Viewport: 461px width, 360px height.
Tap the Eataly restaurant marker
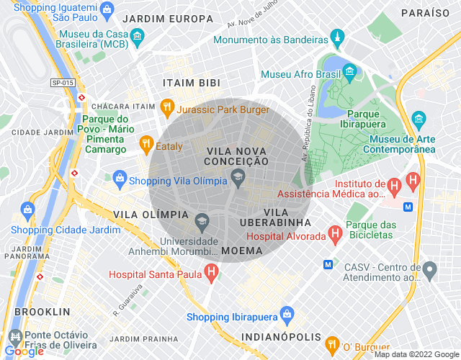point(147,144)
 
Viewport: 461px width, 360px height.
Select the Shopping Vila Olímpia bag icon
point(120,177)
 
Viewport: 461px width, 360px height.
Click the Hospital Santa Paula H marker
point(211,273)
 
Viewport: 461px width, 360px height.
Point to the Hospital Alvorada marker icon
point(334,233)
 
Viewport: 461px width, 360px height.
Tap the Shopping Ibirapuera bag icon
point(287,315)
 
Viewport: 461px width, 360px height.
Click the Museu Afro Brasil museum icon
point(350,72)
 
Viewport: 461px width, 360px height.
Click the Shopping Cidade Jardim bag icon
point(27,210)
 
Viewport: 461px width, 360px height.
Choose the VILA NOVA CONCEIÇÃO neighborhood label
point(236,156)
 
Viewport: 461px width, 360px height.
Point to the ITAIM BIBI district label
point(192,83)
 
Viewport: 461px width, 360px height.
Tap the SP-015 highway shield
point(63,84)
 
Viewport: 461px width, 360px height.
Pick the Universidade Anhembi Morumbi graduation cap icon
point(202,218)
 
